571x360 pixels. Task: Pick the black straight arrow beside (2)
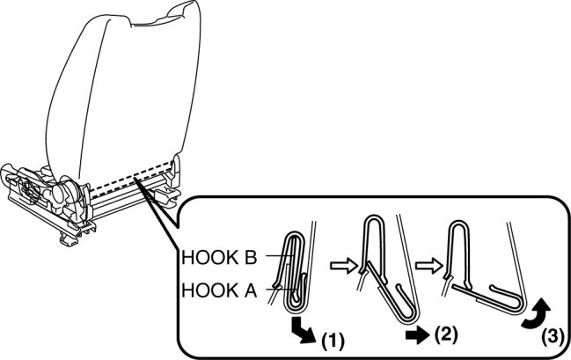[417, 334]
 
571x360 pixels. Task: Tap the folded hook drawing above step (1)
[295, 268]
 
